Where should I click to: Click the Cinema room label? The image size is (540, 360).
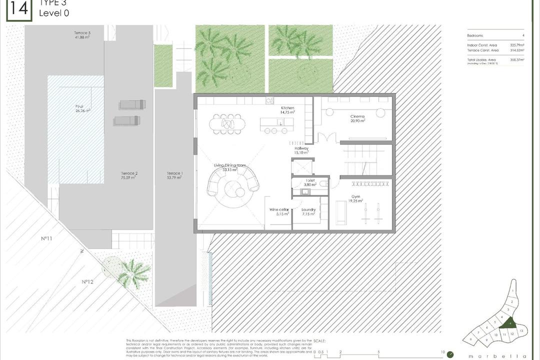pyautogui.click(x=357, y=116)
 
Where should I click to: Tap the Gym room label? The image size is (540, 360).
pyautogui.click(x=355, y=197)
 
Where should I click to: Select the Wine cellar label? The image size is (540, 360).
pyautogui.click(x=279, y=209)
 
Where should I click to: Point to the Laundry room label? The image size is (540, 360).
pyautogui.click(x=308, y=209)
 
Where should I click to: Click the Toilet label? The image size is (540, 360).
pyautogui.click(x=310, y=180)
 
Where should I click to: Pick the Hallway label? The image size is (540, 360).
pyautogui.click(x=301, y=148)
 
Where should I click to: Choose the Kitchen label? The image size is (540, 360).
pyautogui.click(x=287, y=108)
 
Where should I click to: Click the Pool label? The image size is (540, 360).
pyautogui.click(x=79, y=106)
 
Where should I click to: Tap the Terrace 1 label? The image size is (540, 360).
pyautogui.click(x=175, y=173)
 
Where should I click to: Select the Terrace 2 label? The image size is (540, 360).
pyautogui.click(x=129, y=173)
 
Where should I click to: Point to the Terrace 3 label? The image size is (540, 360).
pyautogui.click(x=82, y=33)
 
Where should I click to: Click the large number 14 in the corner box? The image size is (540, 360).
pyautogui.click(x=18, y=8)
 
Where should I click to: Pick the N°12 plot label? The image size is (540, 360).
pyautogui.click(x=88, y=282)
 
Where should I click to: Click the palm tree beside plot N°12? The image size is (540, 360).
pyautogui.click(x=133, y=273)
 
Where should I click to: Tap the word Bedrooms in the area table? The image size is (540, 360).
pyautogui.click(x=475, y=36)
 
